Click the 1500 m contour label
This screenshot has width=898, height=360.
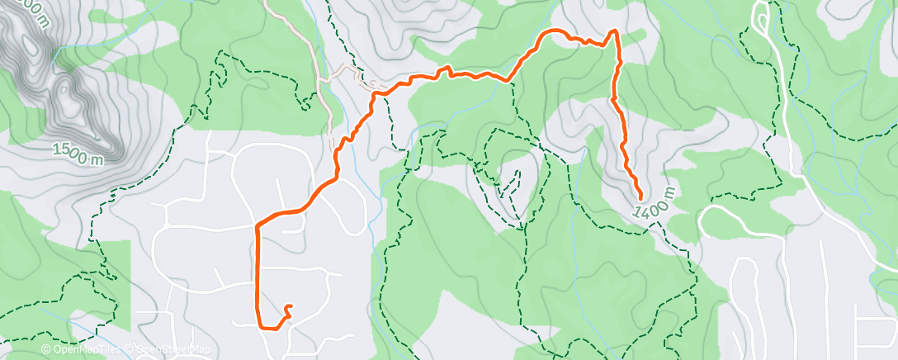78,154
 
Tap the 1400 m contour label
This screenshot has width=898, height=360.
656,203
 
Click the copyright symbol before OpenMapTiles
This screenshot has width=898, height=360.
45,349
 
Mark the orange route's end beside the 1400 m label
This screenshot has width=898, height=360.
641,197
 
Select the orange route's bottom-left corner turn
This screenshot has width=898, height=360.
262,327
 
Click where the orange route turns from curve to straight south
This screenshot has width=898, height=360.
258,225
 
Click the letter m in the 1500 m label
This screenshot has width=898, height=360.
97,159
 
